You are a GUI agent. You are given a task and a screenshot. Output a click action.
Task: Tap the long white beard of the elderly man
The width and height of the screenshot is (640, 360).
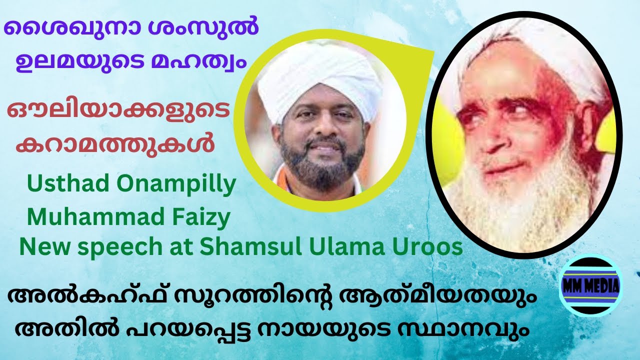pos(520,200)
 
